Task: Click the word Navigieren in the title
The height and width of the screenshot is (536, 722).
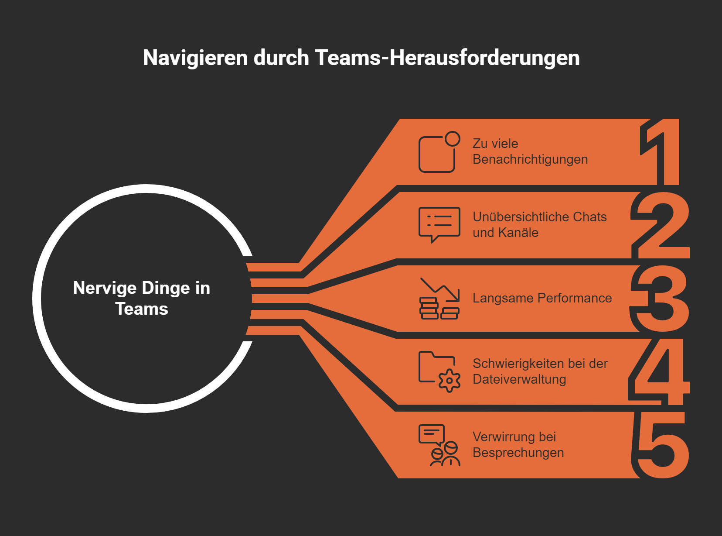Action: click(x=195, y=58)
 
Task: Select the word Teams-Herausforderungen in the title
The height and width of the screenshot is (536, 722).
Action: click(x=447, y=58)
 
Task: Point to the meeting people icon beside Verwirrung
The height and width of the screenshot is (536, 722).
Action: click(x=439, y=445)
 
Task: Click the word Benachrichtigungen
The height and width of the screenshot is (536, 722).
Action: click(x=530, y=160)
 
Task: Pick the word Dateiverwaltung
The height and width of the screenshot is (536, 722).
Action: click(x=519, y=379)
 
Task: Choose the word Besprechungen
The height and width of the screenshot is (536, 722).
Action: click(x=518, y=453)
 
